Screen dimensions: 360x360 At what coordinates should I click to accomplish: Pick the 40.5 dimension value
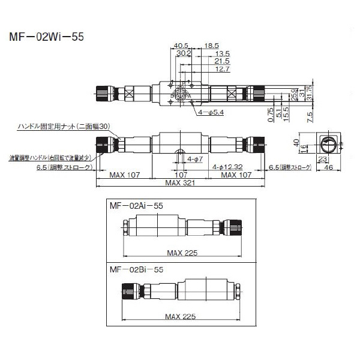181,46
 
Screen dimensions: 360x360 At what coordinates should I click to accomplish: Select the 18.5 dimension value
211,46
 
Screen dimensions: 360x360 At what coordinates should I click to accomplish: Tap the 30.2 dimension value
184,53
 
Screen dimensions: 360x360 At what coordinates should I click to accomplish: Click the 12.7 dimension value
222,69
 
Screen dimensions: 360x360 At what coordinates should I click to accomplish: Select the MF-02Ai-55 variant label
136,205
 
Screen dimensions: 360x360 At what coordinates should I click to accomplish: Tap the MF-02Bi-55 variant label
136,271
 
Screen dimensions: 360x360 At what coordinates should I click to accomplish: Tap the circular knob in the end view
329,143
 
